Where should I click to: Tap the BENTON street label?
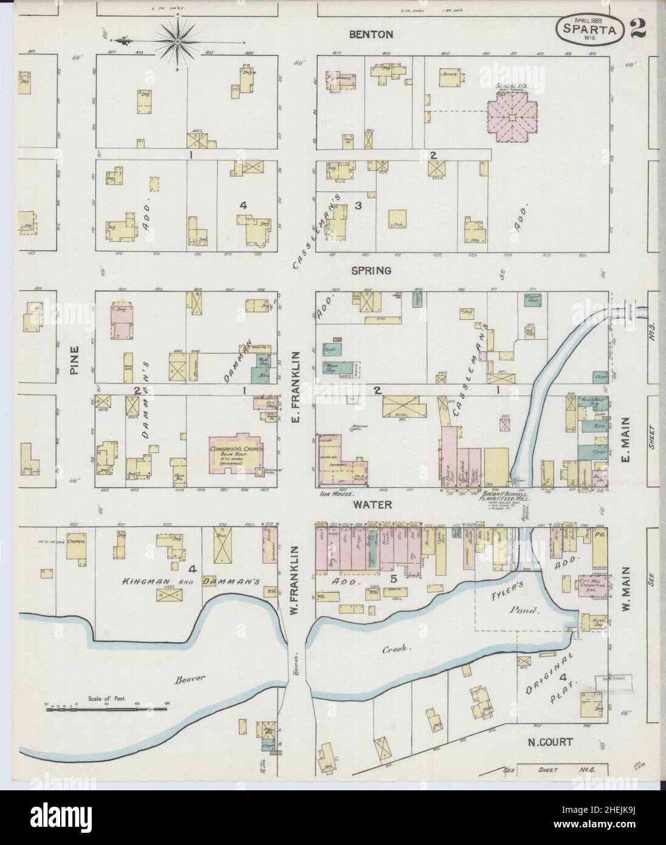pyautogui.click(x=372, y=35)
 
